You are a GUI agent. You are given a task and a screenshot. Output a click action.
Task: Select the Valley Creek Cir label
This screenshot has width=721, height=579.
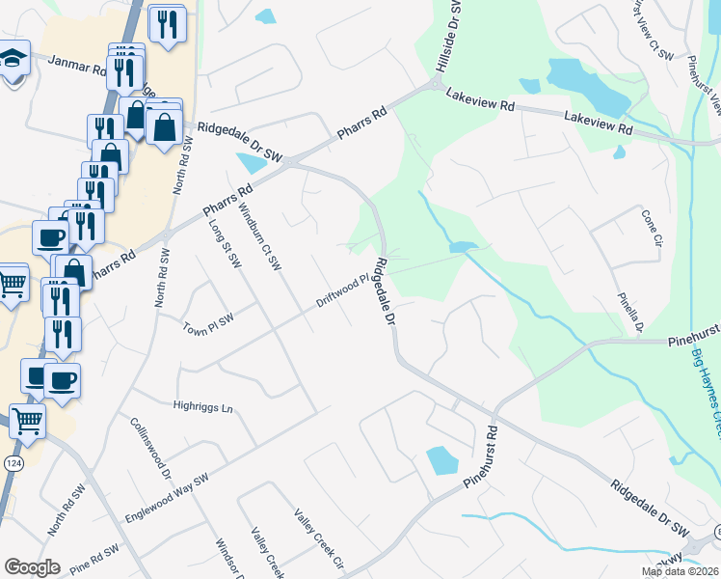coord(318,541)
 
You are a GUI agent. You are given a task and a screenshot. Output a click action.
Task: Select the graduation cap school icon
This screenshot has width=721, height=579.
coord(13,61)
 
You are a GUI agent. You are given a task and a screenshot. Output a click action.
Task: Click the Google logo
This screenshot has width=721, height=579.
coord(32,567)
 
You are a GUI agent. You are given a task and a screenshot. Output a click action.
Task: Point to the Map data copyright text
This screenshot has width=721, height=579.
coord(680,571)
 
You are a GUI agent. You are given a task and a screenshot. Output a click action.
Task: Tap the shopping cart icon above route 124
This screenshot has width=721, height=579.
coord(27,420)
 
